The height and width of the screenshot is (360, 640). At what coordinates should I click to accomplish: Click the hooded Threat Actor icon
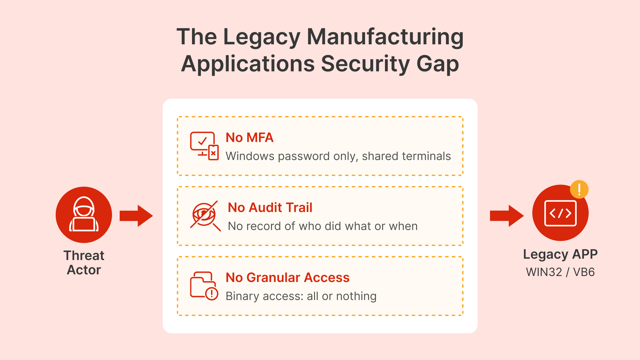click(84, 215)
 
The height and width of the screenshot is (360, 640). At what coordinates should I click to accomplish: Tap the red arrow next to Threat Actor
click(136, 216)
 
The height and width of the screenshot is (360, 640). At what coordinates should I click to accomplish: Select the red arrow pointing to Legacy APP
click(506, 216)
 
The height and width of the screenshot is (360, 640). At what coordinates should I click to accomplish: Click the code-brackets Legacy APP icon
click(560, 213)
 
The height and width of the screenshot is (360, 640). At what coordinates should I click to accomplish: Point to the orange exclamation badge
click(579, 189)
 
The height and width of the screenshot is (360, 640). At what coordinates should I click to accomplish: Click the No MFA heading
click(249, 138)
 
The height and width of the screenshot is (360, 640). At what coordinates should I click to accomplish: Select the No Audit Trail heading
click(270, 208)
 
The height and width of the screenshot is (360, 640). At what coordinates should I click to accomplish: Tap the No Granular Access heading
click(287, 278)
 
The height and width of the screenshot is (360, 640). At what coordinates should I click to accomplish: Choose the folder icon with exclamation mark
click(204, 286)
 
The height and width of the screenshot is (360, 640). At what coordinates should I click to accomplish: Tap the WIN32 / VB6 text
click(560, 272)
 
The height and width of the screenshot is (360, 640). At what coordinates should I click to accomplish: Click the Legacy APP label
click(560, 254)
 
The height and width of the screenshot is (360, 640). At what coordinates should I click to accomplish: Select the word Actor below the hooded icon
click(84, 270)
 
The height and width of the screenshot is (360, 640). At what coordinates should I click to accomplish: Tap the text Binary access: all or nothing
click(301, 296)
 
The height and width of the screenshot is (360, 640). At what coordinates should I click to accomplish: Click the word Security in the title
click(365, 64)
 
